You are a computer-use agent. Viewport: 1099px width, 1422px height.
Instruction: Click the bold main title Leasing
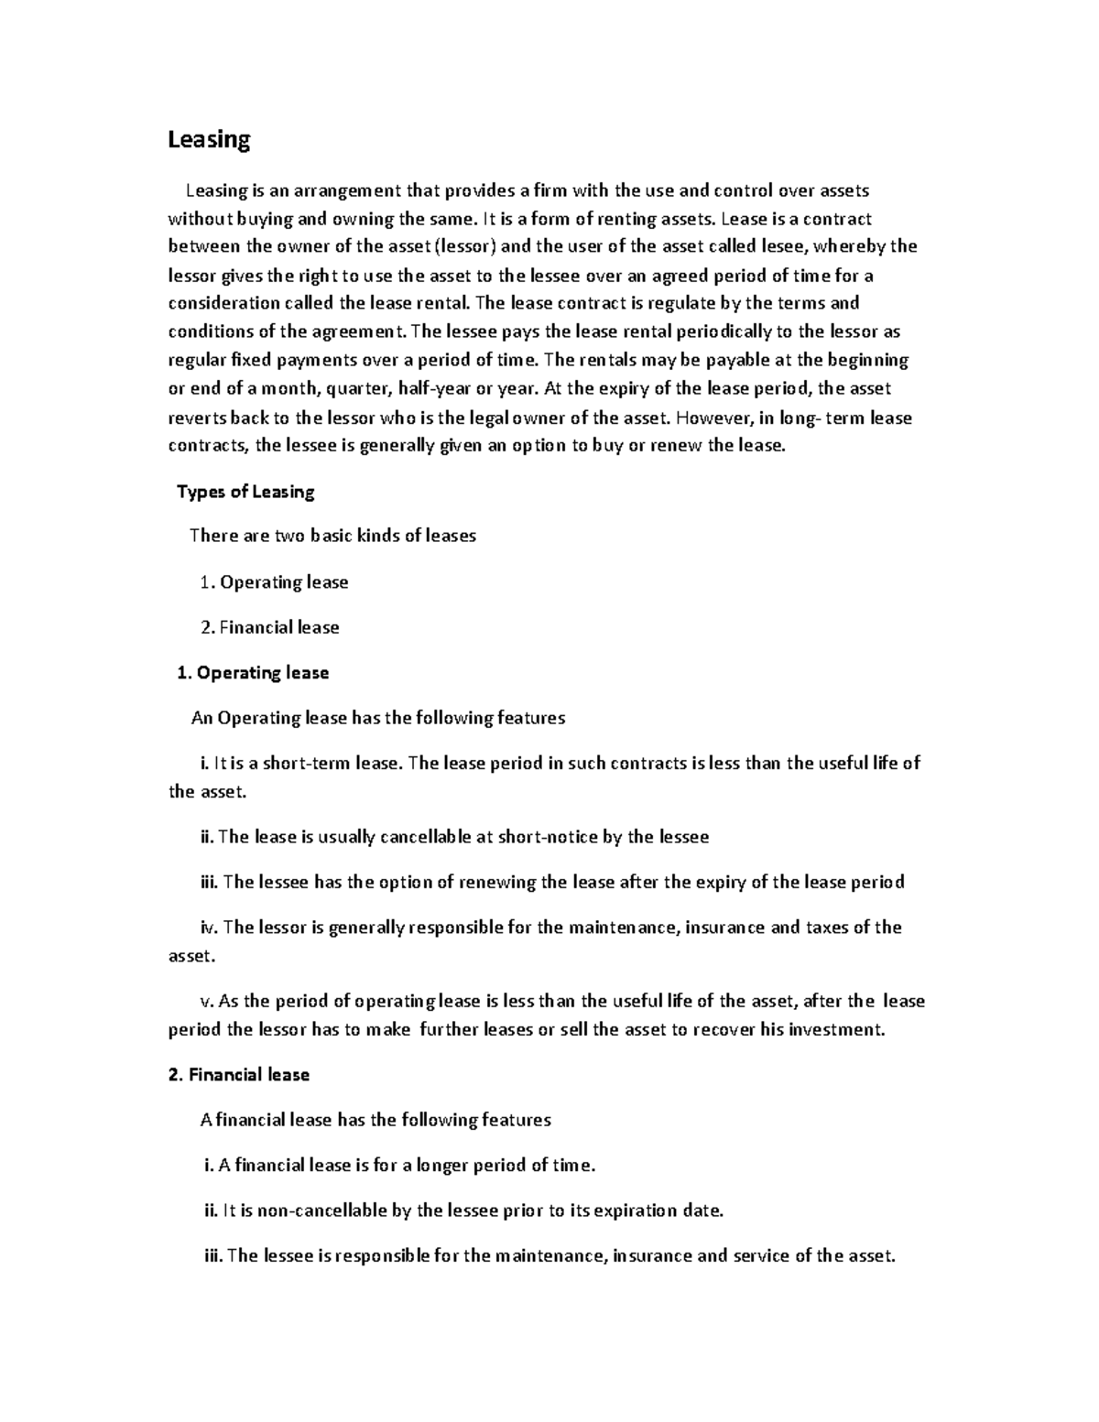click(208, 140)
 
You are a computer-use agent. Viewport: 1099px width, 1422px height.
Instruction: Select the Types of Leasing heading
click(245, 492)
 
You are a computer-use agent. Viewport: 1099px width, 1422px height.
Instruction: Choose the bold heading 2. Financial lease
click(239, 1075)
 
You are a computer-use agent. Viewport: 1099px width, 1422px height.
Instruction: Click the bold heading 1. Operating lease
click(252, 673)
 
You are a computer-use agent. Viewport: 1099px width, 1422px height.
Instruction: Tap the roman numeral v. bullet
click(205, 1001)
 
